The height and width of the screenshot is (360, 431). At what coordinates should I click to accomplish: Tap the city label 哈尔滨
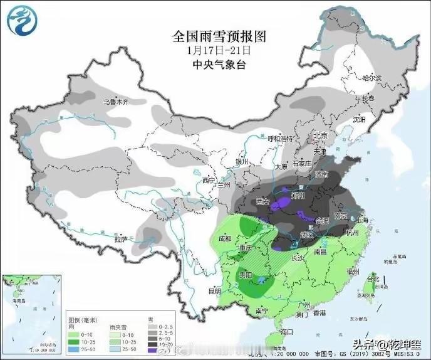(x=372, y=78)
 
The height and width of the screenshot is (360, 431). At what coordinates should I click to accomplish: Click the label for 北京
(x=321, y=135)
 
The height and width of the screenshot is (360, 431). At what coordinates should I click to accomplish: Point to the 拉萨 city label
(x=121, y=239)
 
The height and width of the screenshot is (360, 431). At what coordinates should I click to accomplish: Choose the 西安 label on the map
(x=262, y=202)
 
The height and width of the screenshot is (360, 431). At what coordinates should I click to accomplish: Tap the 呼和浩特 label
(x=281, y=139)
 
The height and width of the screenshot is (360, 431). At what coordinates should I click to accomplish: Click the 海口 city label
(x=288, y=331)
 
